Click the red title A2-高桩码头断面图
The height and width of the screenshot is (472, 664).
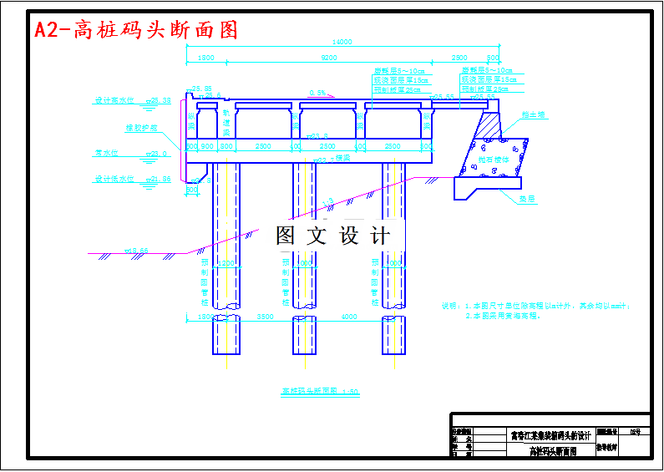pos(136,30)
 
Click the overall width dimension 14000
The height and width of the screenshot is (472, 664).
pos(342,43)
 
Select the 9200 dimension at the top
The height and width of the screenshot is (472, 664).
pos(328,58)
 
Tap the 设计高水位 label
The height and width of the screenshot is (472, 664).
pos(114,100)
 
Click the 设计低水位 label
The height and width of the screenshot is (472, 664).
pos(114,179)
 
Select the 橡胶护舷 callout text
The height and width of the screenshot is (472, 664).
pos(141,129)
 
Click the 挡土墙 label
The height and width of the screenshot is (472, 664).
pos(533,115)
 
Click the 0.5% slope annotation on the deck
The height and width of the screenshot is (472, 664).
pos(317,92)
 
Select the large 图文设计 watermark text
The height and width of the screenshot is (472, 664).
pos(332,236)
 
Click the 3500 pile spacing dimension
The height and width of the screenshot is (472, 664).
pos(265,317)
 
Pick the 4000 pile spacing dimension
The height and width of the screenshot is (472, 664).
pos(348,317)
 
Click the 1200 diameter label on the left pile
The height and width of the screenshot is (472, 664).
pos(226,263)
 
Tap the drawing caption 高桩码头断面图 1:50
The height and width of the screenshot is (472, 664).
pos(320,390)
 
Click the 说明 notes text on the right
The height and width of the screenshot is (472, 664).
pos(535,310)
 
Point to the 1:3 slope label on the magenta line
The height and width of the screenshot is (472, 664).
pos(331,200)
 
